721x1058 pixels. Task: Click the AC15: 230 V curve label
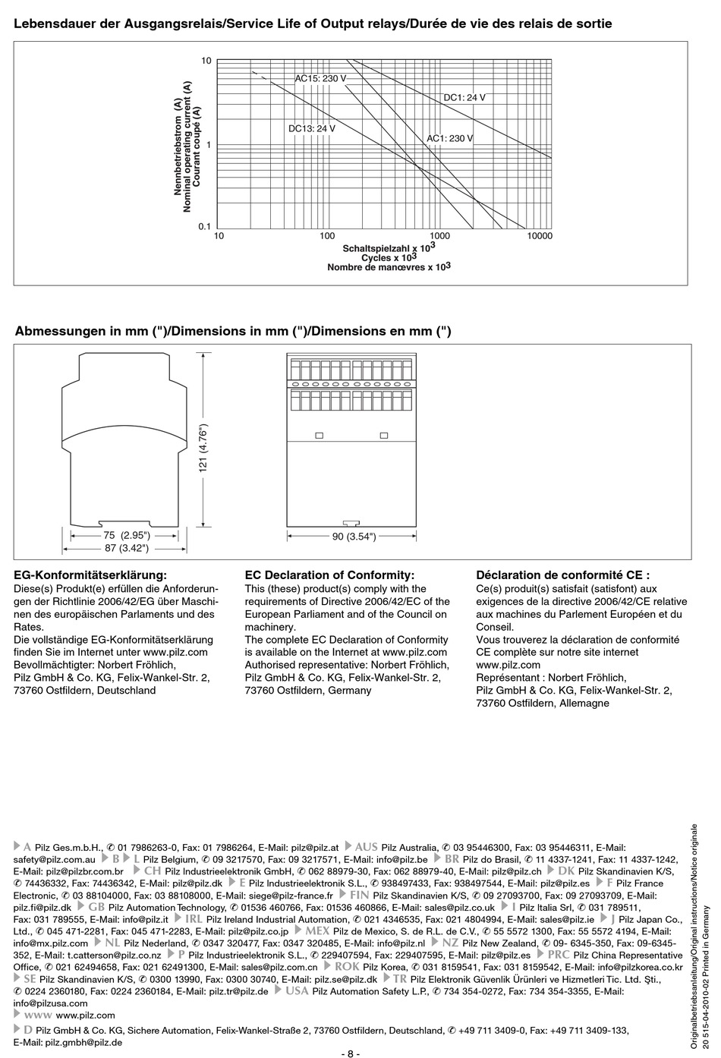(320, 78)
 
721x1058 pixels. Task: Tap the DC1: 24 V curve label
(464, 97)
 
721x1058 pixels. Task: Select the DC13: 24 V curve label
(311, 128)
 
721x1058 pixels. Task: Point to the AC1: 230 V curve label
(449, 138)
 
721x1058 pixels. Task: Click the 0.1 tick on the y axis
(203, 226)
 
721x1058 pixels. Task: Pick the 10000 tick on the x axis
(539, 236)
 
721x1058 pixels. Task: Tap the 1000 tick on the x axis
(439, 236)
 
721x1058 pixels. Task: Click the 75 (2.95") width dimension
(125, 535)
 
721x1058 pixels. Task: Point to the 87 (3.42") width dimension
(125, 547)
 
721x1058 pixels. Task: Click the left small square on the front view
(319, 436)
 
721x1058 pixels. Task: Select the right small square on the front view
(383, 436)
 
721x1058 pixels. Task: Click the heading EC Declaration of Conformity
(329, 575)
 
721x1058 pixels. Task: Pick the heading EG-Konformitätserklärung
(90, 575)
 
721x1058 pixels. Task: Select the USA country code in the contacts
(296, 990)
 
